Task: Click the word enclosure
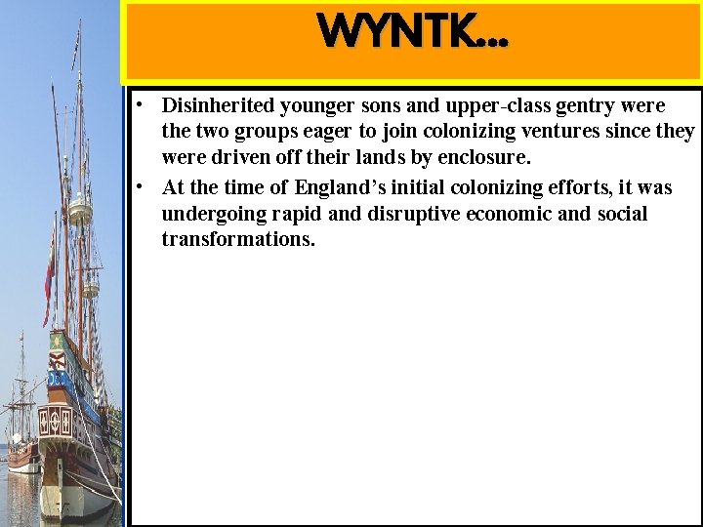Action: coord(481,158)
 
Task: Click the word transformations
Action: coord(239,240)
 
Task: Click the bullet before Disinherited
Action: coord(142,103)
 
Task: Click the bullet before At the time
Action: coord(142,185)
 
